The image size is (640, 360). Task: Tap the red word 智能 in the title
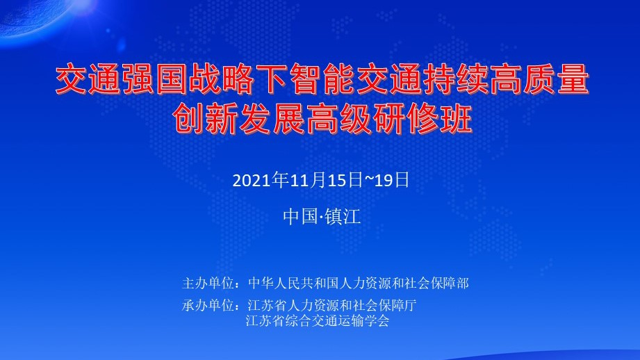322,79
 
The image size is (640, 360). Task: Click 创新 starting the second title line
204,118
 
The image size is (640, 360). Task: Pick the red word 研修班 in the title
422,118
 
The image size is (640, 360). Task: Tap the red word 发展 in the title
272,118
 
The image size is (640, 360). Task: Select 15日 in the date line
345,180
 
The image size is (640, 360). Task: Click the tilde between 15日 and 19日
368,180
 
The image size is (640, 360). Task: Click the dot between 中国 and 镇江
321,217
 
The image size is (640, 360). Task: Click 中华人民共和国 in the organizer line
293,283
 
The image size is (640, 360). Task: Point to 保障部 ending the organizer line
450,283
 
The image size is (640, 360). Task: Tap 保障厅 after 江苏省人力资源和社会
397,305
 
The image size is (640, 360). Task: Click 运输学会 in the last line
363,320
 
